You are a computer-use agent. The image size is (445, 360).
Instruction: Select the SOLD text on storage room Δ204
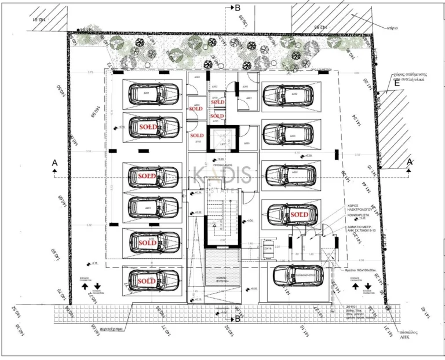click(x=196, y=108)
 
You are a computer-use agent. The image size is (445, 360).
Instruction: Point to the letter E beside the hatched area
click(x=396, y=83)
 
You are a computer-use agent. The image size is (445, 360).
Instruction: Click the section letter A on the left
click(x=54, y=163)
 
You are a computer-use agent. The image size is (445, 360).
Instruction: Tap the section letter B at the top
click(x=236, y=8)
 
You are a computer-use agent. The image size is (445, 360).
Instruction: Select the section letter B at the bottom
click(x=236, y=319)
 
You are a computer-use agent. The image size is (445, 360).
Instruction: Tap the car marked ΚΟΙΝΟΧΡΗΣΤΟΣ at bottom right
click(x=298, y=277)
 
